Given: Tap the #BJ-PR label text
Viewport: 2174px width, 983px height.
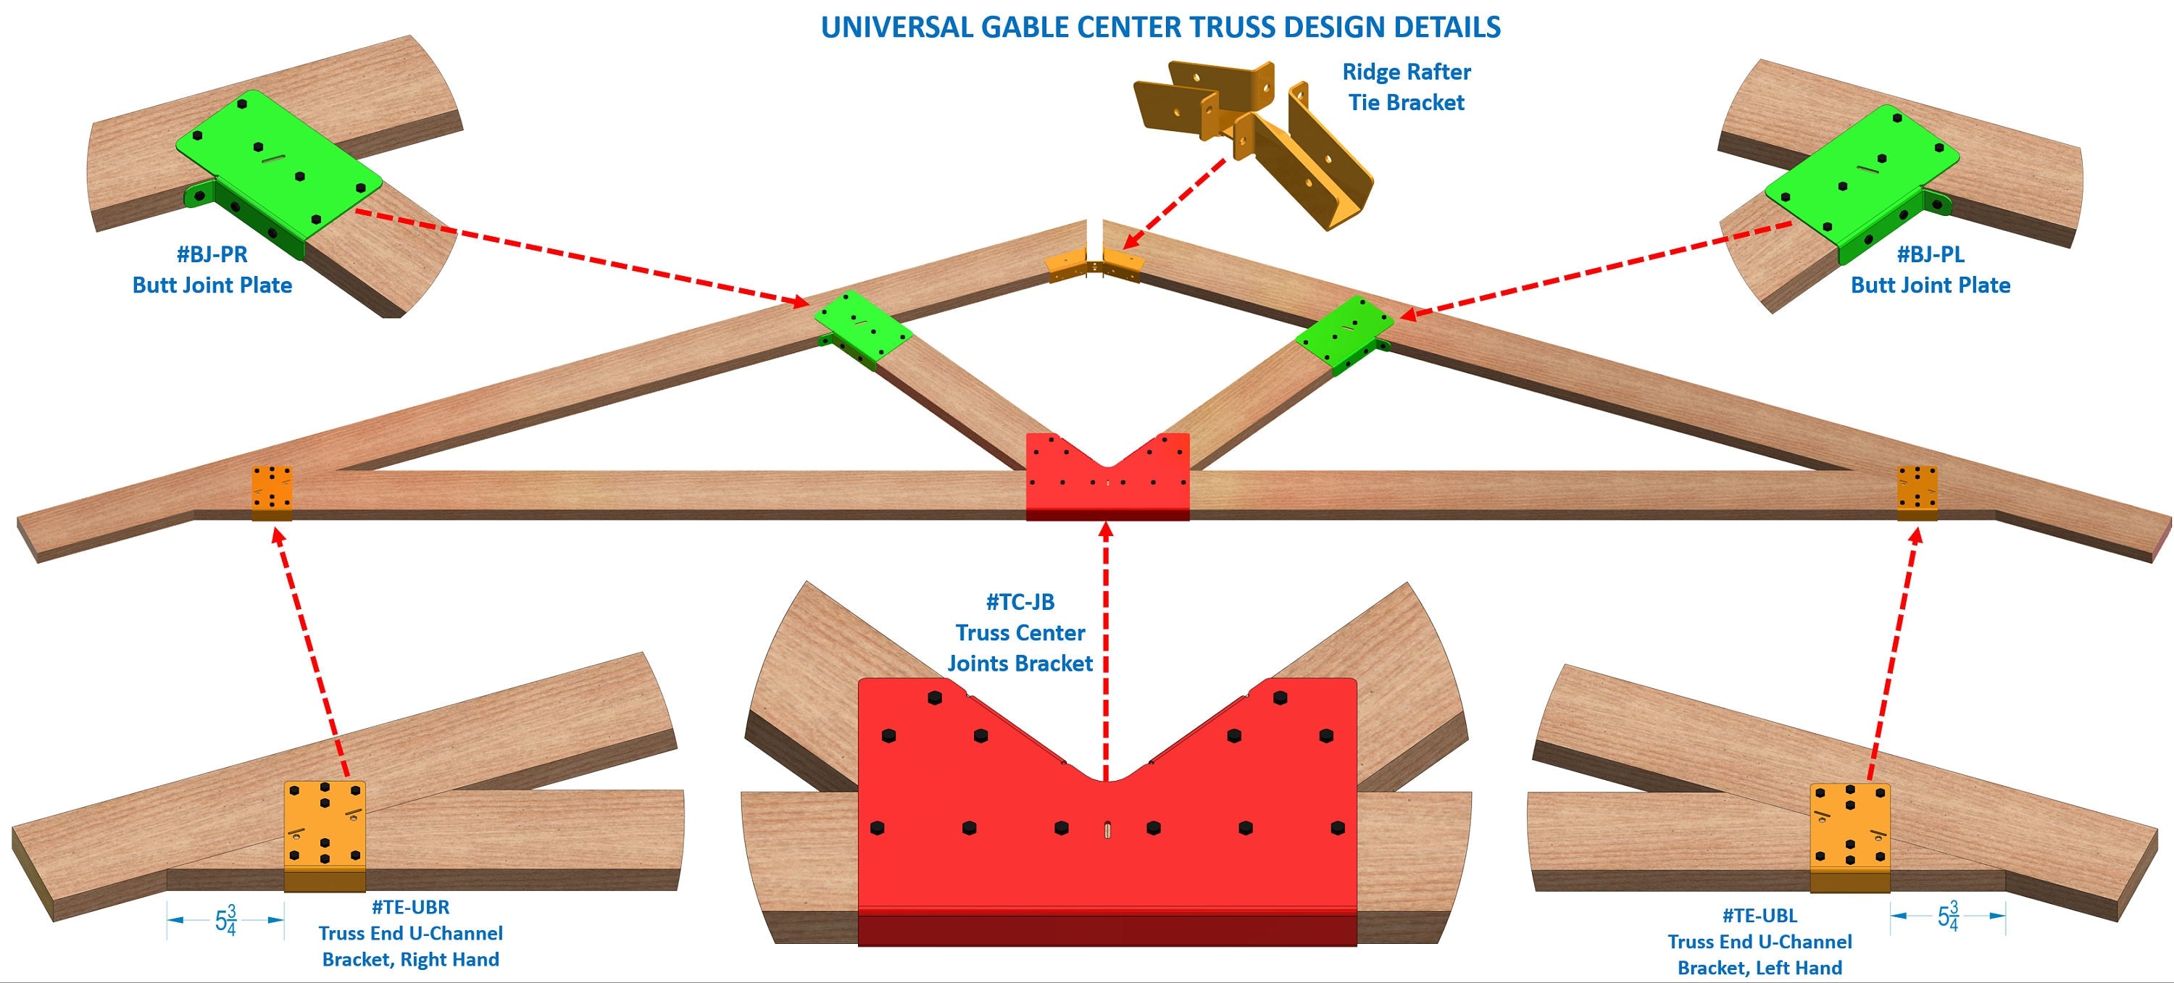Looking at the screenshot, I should tap(211, 254).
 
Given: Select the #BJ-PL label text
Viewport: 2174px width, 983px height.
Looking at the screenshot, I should tap(1929, 254).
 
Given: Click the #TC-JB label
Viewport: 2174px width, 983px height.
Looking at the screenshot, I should tap(1020, 602).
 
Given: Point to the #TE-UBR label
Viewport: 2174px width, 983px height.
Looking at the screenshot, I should tap(410, 907).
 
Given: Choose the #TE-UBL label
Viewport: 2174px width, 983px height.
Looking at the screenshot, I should tap(1759, 916).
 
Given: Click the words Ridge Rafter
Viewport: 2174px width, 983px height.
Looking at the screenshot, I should tap(1406, 72).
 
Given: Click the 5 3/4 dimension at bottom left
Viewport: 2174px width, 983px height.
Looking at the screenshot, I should tap(225, 920).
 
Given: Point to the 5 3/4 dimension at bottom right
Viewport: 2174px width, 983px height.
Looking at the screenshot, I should tap(1947, 916).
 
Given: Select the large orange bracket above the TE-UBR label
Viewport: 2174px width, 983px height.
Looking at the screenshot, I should tap(325, 831).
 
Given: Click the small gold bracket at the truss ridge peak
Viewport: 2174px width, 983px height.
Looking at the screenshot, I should tap(1094, 265).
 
